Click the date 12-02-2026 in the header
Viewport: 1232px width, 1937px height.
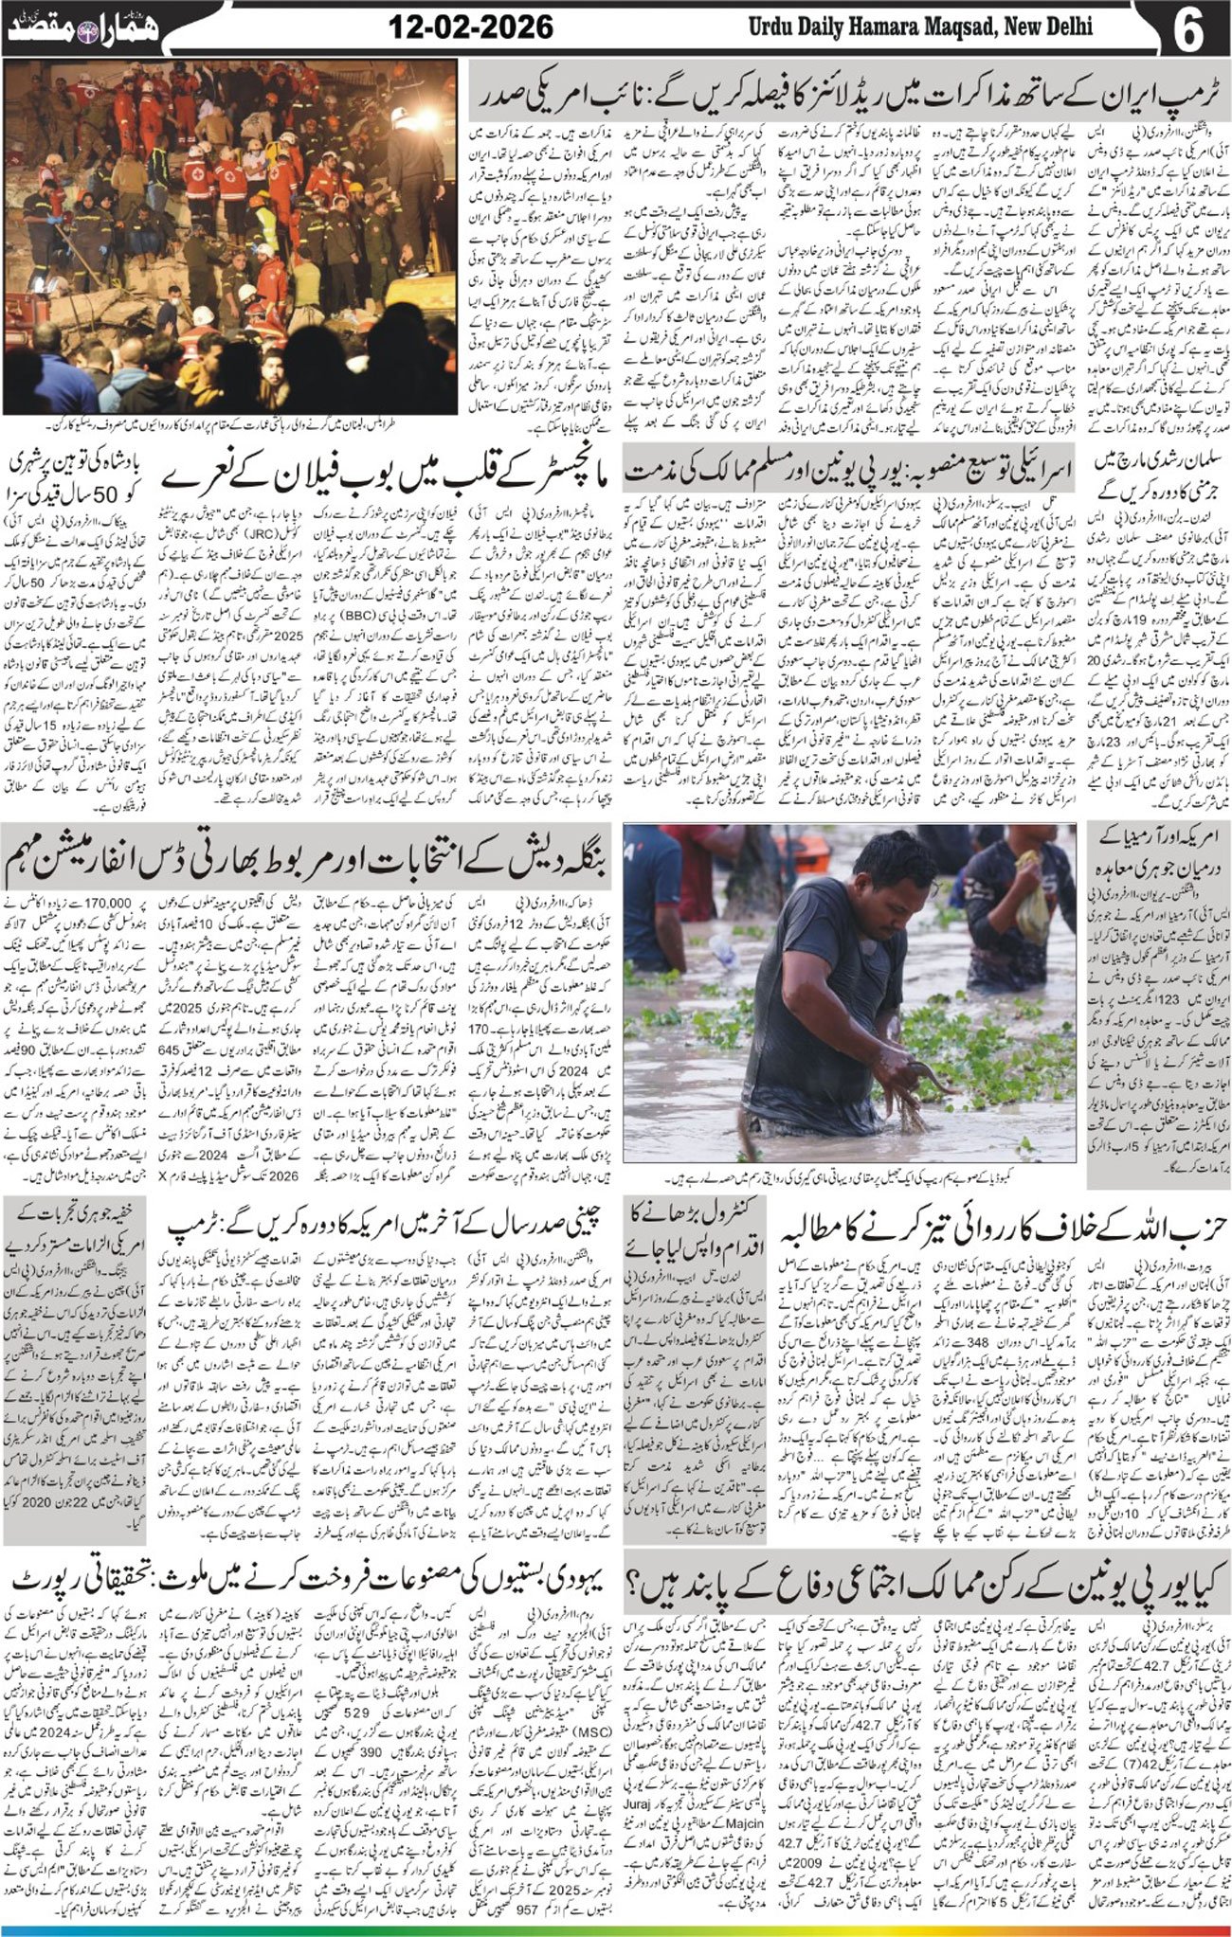point(471,26)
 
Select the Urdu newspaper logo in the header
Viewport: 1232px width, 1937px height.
point(83,27)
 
